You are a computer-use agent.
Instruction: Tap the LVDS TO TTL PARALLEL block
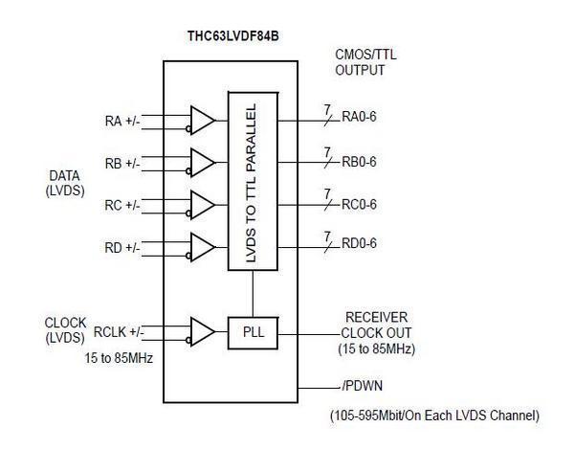pos(253,180)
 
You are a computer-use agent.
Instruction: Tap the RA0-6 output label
pos(359,120)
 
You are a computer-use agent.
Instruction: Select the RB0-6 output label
pos(359,162)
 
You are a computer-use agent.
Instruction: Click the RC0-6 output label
pos(359,204)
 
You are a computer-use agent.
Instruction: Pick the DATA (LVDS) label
pos(65,183)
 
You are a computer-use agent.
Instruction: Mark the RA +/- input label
pos(122,121)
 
